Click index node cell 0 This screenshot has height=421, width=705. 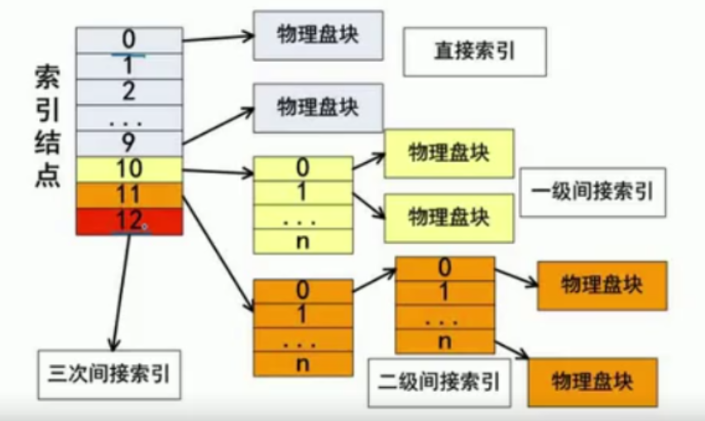[129, 40]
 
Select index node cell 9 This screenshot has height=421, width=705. [129, 143]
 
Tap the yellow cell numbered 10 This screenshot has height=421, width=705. [129, 170]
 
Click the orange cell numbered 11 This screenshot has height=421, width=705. [129, 195]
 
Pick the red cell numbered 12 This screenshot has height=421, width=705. [129, 221]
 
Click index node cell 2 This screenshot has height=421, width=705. [129, 91]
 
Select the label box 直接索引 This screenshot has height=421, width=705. [474, 51]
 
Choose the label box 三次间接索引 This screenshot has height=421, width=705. [108, 374]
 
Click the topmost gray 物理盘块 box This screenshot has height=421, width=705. [318, 35]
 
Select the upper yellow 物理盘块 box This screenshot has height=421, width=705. [448, 153]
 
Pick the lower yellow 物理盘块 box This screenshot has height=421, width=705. [448, 217]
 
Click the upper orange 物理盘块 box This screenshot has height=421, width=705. [602, 285]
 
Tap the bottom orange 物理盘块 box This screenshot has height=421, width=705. [592, 382]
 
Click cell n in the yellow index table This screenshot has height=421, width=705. [302, 242]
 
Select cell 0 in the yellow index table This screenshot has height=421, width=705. [302, 169]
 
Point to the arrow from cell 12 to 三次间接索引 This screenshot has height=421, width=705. [120, 289]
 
